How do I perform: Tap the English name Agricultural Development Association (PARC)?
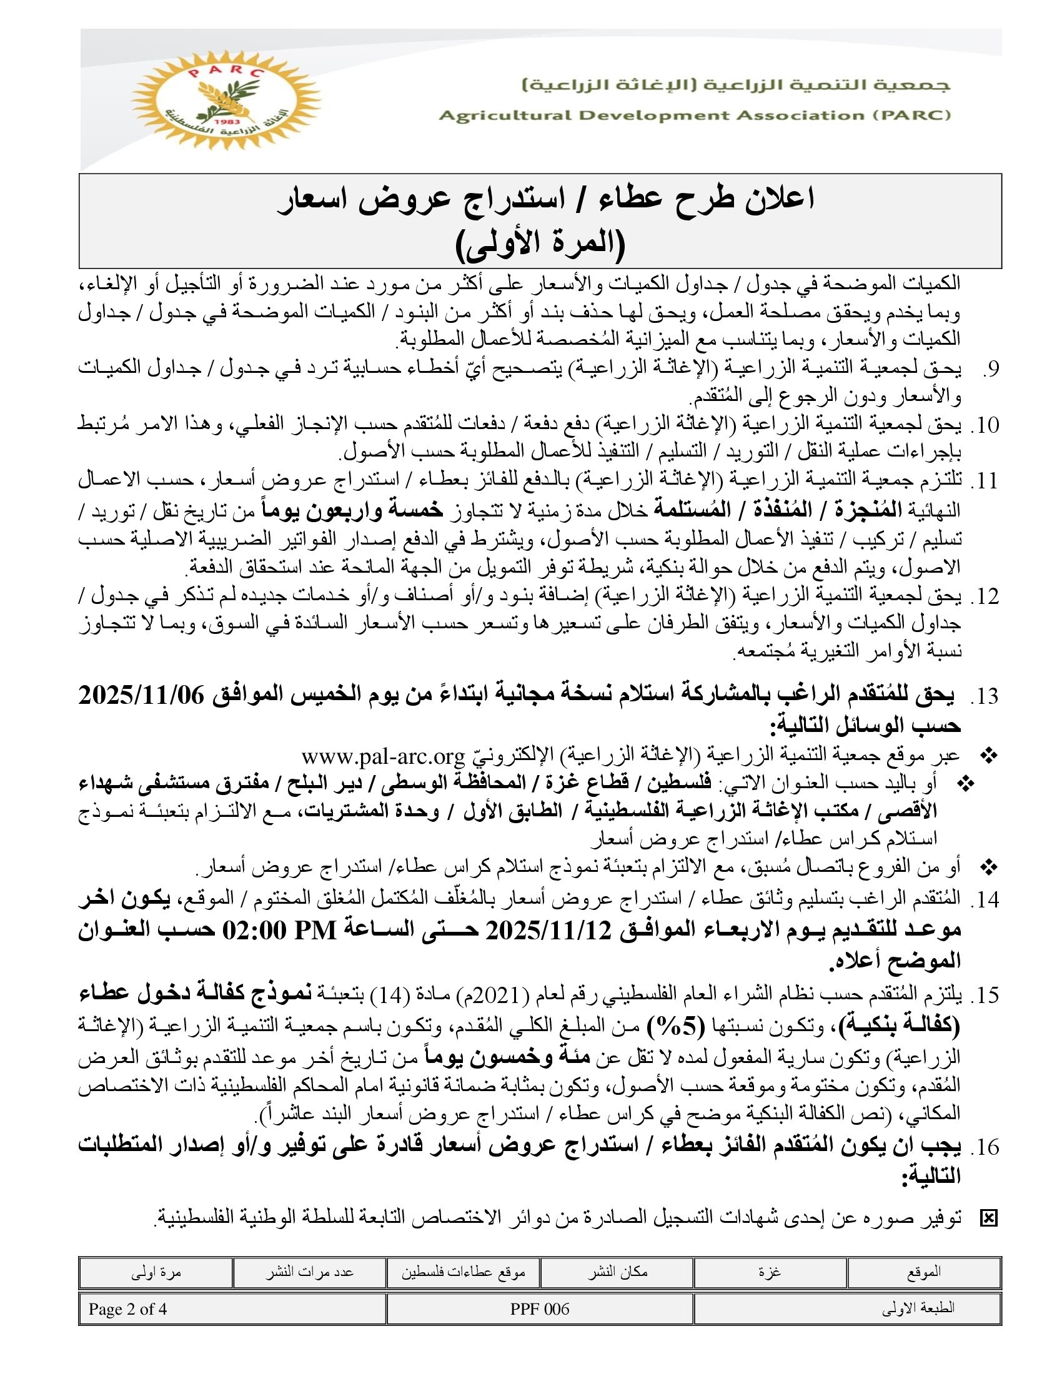(x=695, y=116)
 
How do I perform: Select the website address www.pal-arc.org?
(x=382, y=756)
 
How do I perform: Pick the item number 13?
(x=985, y=696)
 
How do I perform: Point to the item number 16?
(x=985, y=1147)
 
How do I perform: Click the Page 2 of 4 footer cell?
(x=127, y=1309)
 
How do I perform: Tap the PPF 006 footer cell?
(x=540, y=1309)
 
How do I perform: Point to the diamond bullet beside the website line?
(x=990, y=756)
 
